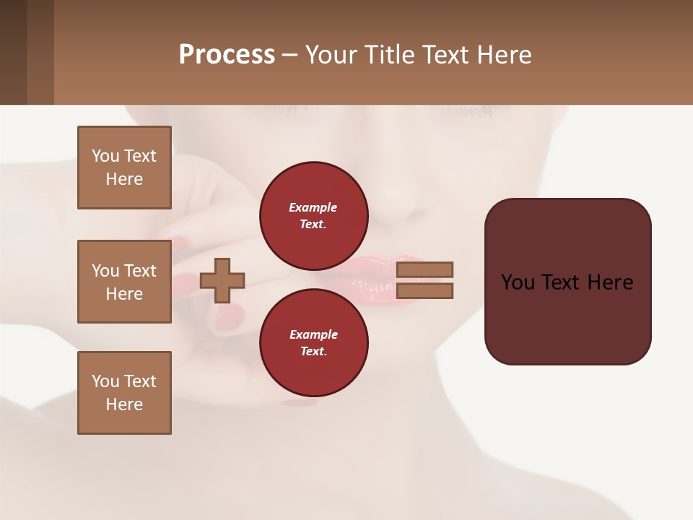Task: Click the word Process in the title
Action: pyautogui.click(x=227, y=55)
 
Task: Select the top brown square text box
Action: pyautogui.click(x=124, y=168)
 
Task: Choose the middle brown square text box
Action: pyautogui.click(x=124, y=282)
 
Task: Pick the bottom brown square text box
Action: pyautogui.click(x=124, y=393)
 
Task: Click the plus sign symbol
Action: pyautogui.click(x=222, y=280)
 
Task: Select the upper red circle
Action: pyautogui.click(x=314, y=216)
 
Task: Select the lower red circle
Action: pyautogui.click(x=314, y=342)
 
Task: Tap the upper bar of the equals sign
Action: pyautogui.click(x=424, y=269)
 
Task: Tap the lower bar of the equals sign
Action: pyautogui.click(x=424, y=290)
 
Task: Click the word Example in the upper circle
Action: pyautogui.click(x=313, y=207)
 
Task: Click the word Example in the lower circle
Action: pyautogui.click(x=313, y=334)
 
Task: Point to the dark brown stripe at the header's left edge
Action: pyautogui.click(x=13, y=52)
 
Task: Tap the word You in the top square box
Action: pyautogui.click(x=105, y=156)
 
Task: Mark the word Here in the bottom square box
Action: pyautogui.click(x=124, y=404)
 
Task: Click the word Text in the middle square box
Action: pyautogui.click(x=139, y=271)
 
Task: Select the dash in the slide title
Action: pyautogui.click(x=290, y=55)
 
